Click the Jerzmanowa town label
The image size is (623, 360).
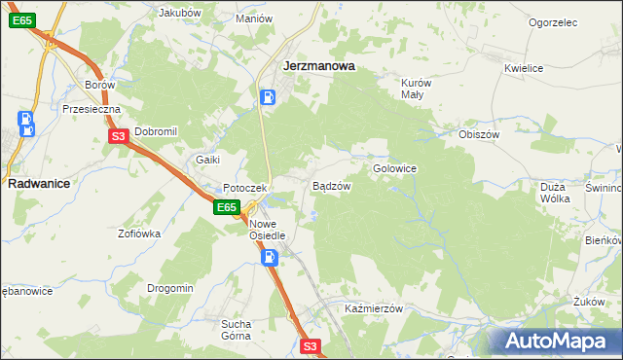point(317,67)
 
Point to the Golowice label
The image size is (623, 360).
point(394,168)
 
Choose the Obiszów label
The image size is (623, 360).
point(478,134)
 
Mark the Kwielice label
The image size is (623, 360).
point(523,68)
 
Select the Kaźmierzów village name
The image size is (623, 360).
point(374,307)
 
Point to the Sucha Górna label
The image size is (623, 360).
point(236,329)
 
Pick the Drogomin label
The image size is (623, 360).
point(170,288)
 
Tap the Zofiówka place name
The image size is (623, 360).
point(139,234)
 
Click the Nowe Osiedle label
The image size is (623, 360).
point(267,229)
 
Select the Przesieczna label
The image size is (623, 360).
point(90,110)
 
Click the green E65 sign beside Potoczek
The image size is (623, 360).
point(227,207)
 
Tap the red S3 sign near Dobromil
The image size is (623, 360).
point(118,137)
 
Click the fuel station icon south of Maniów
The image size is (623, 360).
point(269,97)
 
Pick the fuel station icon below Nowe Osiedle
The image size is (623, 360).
point(270,257)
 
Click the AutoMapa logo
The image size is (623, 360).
point(556,341)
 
